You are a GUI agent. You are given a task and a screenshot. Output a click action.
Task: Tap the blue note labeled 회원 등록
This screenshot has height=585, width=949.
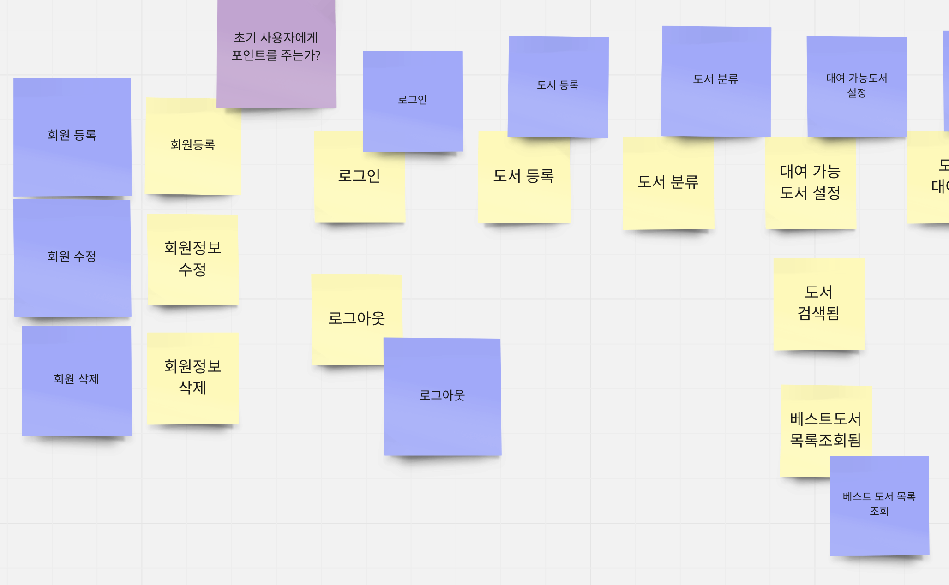tap(72, 136)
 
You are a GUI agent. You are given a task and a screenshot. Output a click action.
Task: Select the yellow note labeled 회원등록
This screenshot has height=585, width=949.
tap(192, 152)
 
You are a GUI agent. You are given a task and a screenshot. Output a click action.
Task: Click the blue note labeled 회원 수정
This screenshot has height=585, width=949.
tap(72, 257)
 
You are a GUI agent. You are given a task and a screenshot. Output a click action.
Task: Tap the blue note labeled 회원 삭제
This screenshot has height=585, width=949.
tap(77, 381)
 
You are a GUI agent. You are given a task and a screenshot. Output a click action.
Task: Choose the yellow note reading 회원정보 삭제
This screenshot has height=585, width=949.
tap(192, 378)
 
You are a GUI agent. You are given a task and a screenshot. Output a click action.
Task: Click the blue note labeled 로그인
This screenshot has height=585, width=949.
tap(413, 101)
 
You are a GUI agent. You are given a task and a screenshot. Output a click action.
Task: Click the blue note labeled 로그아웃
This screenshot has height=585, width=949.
tap(442, 397)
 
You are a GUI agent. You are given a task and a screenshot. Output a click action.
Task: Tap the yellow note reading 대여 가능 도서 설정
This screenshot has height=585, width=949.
tap(810, 185)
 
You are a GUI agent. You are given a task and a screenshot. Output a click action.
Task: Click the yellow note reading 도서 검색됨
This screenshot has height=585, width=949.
tap(818, 304)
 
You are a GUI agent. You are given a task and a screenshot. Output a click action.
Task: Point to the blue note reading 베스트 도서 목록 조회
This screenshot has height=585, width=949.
tap(879, 506)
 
